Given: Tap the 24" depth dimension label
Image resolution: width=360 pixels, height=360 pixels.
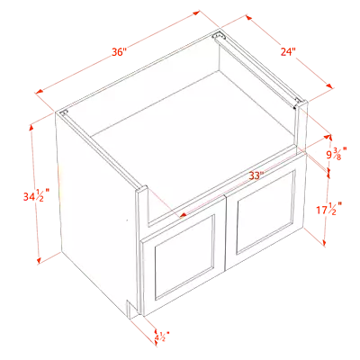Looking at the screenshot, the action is pos(288,51).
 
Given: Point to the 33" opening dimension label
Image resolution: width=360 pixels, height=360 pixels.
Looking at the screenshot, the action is pos(256,175).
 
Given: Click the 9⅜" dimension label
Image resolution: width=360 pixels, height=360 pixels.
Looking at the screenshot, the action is pos(337,153).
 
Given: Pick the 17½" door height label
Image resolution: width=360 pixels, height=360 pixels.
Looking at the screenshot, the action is pos(329,208).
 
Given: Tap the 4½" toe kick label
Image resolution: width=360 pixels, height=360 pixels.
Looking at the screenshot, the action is pos(162,337).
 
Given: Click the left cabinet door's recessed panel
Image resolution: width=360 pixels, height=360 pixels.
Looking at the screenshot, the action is pos(184,257).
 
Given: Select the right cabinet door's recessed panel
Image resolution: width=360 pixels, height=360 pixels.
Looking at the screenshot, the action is pos(265,211).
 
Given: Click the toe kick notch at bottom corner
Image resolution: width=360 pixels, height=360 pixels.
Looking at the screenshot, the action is pos(131,309).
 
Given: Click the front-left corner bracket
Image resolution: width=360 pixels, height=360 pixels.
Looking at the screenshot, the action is pos(64,112).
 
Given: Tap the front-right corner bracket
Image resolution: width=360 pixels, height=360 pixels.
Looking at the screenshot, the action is pos(298,102).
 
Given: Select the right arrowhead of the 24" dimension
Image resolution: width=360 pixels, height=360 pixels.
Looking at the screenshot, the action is pos(329,85).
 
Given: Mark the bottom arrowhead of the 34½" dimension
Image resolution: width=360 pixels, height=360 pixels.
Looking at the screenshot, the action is pos(39,260).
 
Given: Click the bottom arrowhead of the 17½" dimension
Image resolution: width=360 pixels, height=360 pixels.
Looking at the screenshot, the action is pos(324,242).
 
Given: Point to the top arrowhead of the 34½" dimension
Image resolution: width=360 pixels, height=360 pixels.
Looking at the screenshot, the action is pos(31,128).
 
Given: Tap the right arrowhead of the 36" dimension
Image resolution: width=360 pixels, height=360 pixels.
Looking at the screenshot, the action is pos(196,13).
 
